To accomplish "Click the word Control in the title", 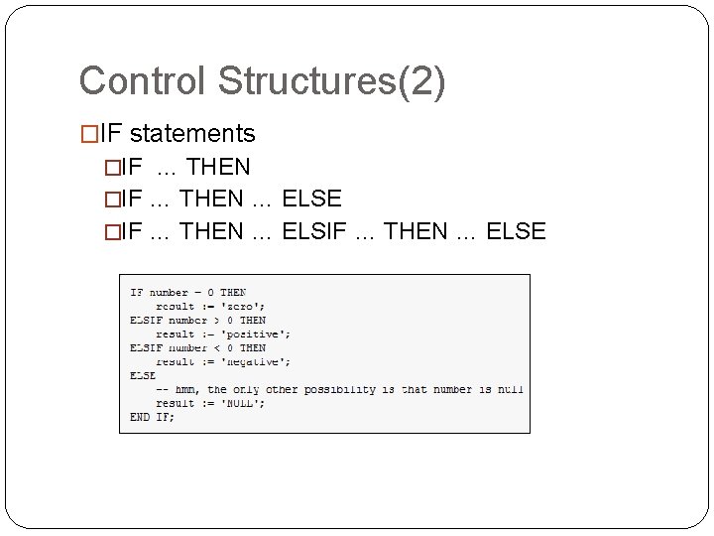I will tap(135, 81).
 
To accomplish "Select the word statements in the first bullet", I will tap(192, 133).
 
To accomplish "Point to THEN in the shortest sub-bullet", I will tap(218, 166).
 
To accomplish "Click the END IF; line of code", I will tap(152, 418).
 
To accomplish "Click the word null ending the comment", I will tap(510, 390).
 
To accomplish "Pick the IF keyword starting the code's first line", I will tap(136, 293).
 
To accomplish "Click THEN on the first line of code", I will tap(233, 293).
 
